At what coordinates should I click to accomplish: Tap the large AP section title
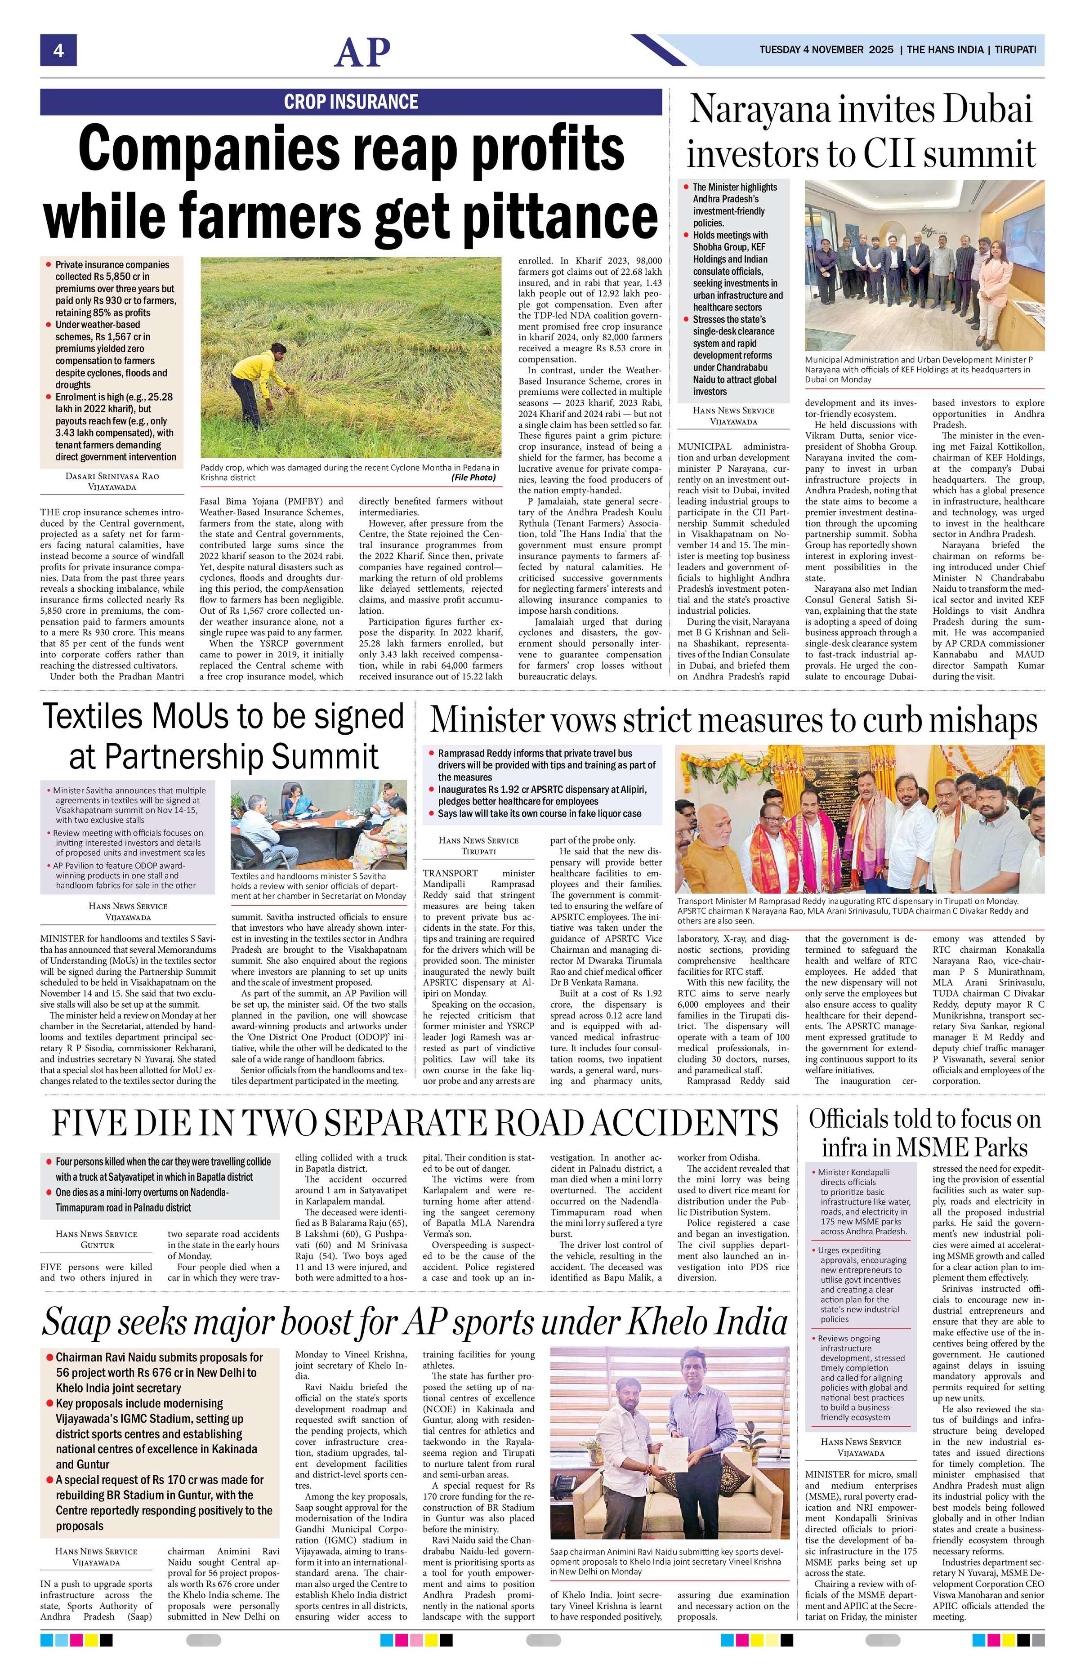(362, 52)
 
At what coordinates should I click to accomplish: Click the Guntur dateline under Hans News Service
(97, 1244)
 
